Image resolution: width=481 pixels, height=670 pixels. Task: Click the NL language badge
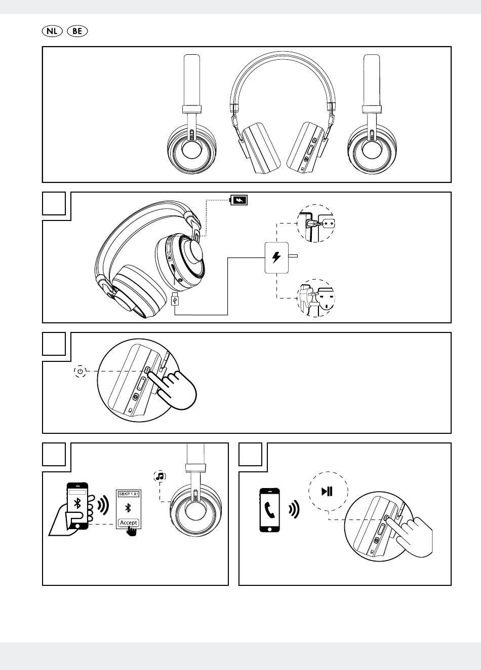point(52,31)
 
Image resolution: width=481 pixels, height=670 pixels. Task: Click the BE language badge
point(77,31)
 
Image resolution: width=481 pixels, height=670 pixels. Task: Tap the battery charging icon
point(238,200)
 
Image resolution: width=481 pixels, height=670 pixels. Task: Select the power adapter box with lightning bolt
point(276,257)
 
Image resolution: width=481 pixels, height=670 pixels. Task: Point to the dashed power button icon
point(80,371)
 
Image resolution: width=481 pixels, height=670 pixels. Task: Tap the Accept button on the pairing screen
point(129,523)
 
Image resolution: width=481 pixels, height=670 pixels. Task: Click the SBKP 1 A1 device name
point(129,494)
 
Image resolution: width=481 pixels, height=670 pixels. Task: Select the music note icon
point(160,476)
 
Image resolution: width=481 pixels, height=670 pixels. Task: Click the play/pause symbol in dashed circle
point(327,492)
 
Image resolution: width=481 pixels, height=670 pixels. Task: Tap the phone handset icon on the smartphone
point(270,510)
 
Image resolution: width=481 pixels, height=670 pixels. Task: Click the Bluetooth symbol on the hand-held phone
point(77,503)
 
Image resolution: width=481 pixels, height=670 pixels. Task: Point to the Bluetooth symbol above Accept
point(128,508)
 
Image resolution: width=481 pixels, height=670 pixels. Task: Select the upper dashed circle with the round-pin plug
point(316,224)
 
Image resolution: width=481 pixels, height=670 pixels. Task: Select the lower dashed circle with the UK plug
point(316,298)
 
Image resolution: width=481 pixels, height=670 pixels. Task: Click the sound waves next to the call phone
point(294,509)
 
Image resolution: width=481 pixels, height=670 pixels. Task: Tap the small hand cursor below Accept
point(132,531)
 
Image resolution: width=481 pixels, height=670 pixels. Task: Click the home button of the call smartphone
point(269,529)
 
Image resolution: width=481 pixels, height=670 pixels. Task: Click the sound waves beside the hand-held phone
point(103,505)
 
